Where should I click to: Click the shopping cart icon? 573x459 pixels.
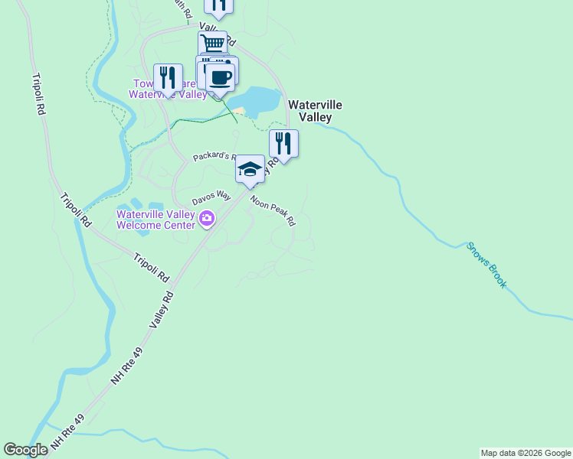212,43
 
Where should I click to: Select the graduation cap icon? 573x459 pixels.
250,168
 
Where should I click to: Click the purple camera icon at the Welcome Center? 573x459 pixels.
206,220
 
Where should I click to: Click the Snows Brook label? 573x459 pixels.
487,265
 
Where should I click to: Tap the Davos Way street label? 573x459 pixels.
211,197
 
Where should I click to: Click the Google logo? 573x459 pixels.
25,450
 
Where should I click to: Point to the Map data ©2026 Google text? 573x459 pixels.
525,453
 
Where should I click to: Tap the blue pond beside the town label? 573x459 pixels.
260,100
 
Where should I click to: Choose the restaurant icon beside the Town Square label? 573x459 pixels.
168,77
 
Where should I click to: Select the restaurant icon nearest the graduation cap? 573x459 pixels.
283,143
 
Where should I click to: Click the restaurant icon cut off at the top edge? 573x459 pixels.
218,5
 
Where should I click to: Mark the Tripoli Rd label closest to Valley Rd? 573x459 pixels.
151,268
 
